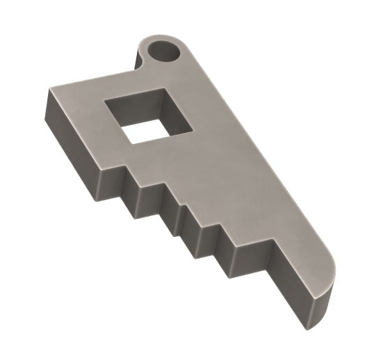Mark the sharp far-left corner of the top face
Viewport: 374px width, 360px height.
49,90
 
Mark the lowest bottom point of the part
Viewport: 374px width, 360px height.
309,326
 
